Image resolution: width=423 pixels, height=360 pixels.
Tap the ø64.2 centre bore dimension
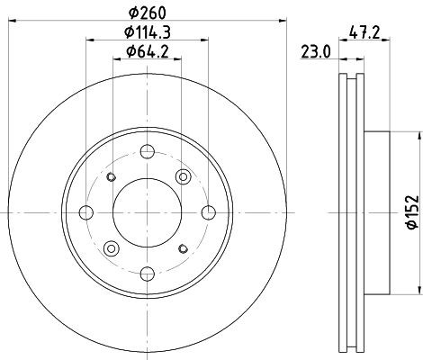[x=148, y=53]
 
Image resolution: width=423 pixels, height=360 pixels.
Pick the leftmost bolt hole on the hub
[x=86, y=212]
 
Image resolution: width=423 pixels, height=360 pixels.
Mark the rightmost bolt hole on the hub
[x=210, y=212]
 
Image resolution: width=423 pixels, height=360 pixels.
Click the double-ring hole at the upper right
[x=184, y=176]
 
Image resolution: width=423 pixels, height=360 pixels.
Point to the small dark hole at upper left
[x=112, y=176]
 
